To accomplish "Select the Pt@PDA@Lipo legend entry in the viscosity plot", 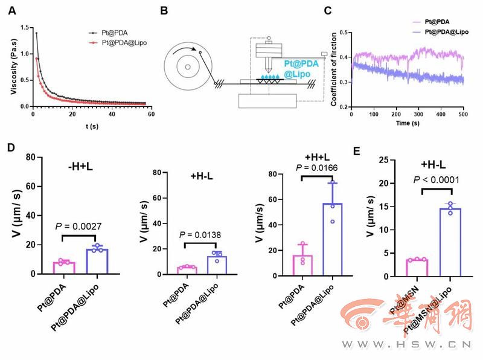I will pos(126,42).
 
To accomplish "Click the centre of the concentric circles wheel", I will pos(188,66).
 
